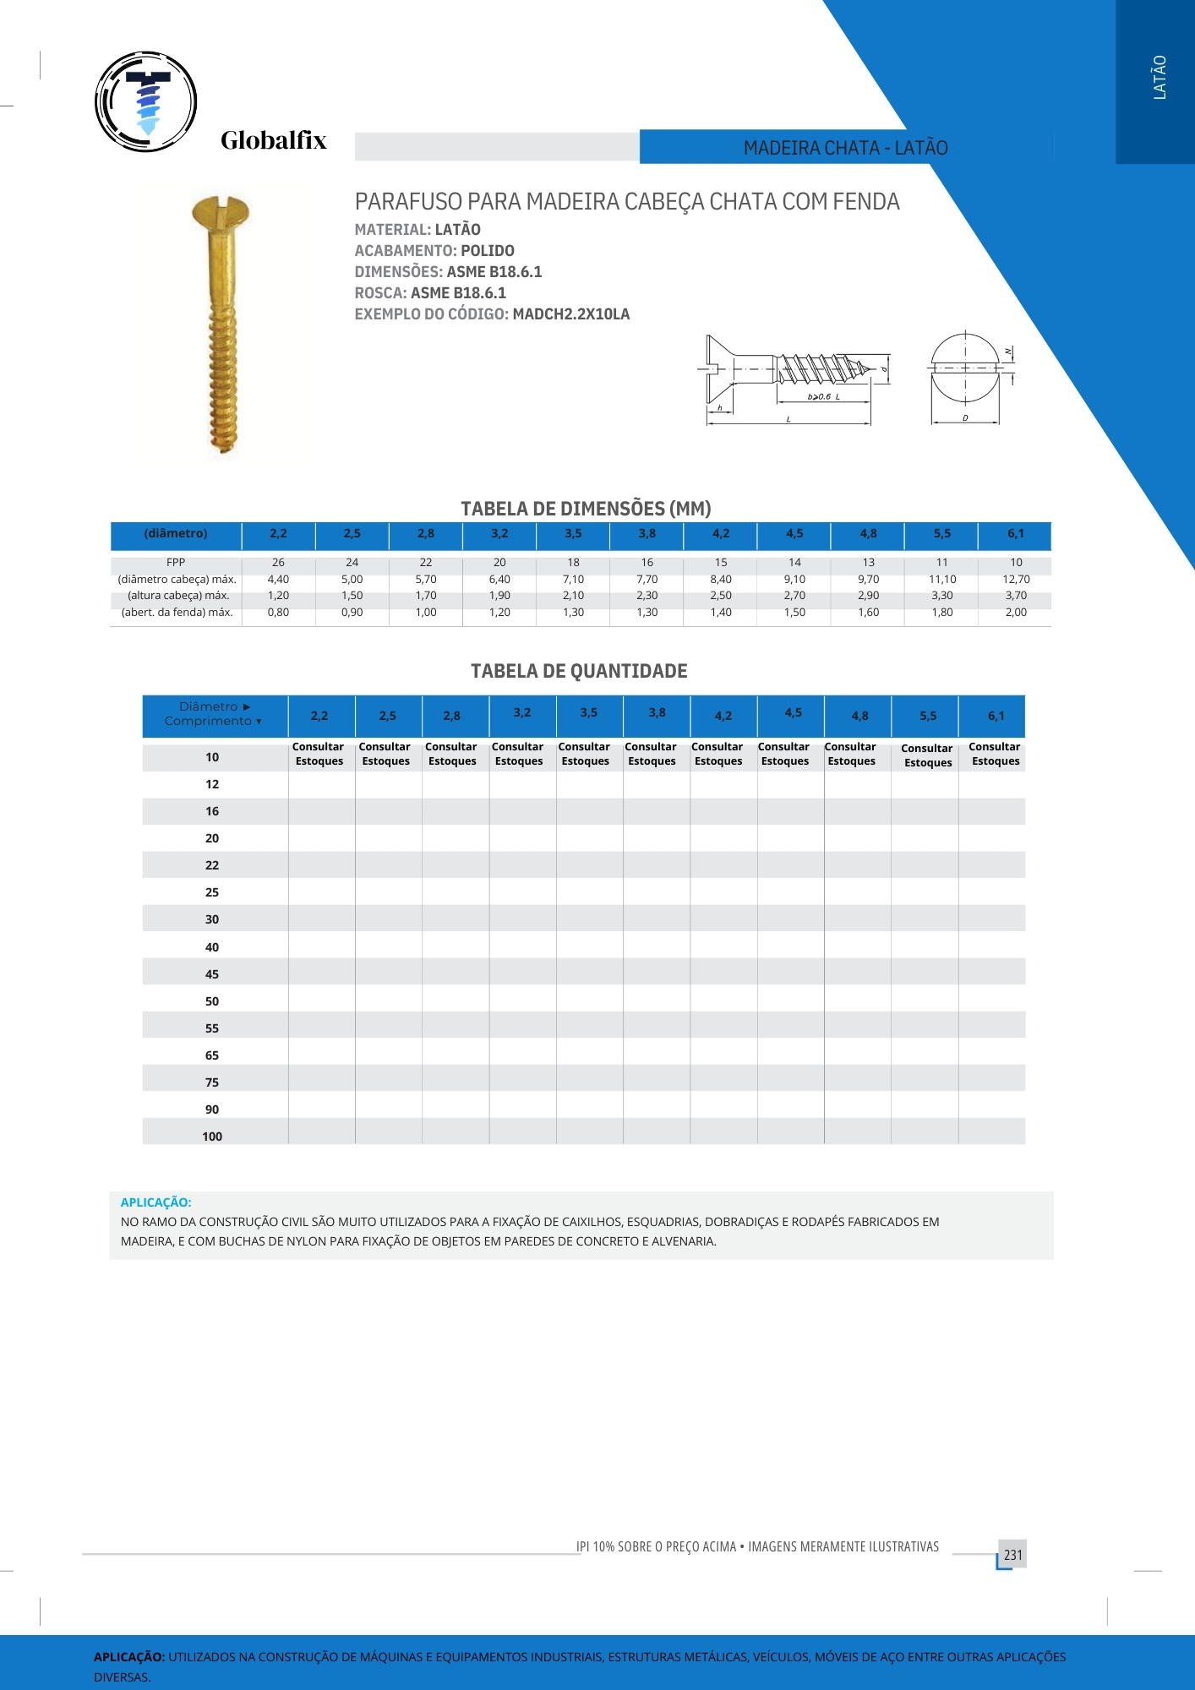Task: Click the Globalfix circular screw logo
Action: (146, 102)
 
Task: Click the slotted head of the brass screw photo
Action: (221, 210)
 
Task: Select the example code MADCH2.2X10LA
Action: (570, 314)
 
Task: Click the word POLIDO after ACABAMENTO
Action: (487, 251)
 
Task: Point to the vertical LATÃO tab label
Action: (1160, 78)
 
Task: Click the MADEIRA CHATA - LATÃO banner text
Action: (845, 148)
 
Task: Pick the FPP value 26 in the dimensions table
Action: (278, 563)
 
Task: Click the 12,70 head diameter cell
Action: (1016, 580)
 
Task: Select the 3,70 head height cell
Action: (1016, 596)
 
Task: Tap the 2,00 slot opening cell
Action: (1016, 613)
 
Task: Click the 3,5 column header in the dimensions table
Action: (573, 534)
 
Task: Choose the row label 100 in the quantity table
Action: (212, 1137)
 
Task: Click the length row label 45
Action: (212, 974)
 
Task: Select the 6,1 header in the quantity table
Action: (996, 717)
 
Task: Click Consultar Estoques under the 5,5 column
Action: (927, 755)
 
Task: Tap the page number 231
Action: (1012, 1555)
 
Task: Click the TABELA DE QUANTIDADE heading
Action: (579, 671)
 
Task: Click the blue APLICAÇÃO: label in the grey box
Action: (156, 1202)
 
